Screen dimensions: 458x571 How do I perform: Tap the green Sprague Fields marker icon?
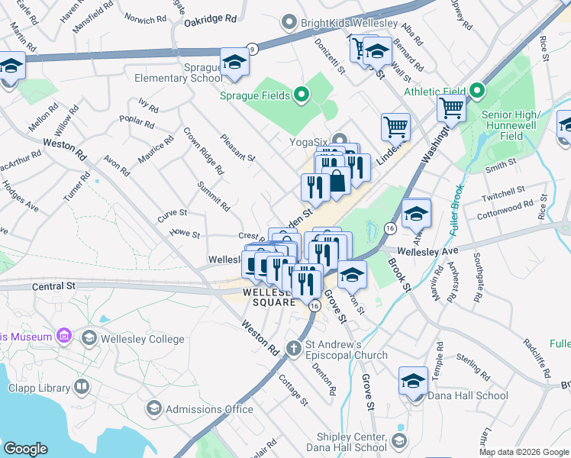tap(301, 95)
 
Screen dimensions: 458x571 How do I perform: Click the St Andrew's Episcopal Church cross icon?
tap(293, 349)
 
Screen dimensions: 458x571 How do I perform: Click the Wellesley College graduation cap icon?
tap(89, 338)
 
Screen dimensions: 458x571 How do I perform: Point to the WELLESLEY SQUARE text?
tap(269, 297)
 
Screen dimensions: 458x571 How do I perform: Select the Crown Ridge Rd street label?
tap(203, 150)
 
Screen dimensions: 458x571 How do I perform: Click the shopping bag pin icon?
tap(337, 181)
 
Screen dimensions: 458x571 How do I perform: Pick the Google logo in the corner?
tap(25, 449)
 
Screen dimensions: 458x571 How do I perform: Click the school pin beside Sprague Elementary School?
tap(235, 63)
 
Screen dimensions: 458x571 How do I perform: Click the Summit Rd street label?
tap(214, 196)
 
